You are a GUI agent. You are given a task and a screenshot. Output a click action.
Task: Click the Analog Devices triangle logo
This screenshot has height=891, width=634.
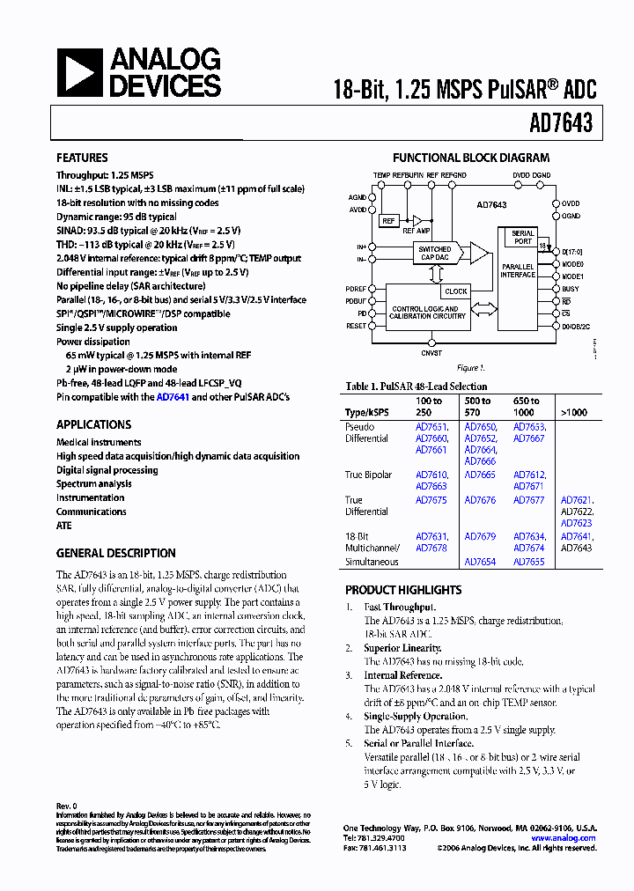click(79, 73)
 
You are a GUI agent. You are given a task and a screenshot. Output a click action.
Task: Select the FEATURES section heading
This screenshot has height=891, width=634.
click(82, 158)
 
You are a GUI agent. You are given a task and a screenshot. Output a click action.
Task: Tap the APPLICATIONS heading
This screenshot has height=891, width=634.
click(93, 424)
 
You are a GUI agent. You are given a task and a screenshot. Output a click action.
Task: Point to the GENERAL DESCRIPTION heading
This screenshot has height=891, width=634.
click(115, 553)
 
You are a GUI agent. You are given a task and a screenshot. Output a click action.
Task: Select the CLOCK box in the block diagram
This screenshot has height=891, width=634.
click(456, 291)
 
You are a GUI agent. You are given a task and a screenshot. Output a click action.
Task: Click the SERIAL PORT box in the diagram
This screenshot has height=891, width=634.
click(523, 238)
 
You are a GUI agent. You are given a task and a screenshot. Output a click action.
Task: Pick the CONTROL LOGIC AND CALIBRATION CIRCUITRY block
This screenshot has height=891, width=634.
click(424, 313)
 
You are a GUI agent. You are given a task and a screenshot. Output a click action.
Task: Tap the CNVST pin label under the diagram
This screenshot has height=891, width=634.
click(431, 352)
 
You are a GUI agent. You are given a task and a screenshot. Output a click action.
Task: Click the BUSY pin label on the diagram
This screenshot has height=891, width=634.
click(571, 289)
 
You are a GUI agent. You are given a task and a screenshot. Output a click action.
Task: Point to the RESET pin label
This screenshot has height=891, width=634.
click(356, 326)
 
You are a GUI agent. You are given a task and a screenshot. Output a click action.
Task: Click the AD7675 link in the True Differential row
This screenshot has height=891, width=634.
click(431, 500)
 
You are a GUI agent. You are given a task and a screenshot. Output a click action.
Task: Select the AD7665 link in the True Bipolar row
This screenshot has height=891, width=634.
click(480, 475)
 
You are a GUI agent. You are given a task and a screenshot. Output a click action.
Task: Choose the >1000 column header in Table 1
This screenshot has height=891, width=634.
click(573, 412)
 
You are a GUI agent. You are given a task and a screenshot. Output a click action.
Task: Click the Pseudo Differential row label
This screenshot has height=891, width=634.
click(366, 432)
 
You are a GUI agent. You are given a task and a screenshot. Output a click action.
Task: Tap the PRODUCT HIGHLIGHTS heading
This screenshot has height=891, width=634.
click(403, 590)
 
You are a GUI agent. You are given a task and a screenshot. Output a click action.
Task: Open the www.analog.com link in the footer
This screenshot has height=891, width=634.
click(564, 838)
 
